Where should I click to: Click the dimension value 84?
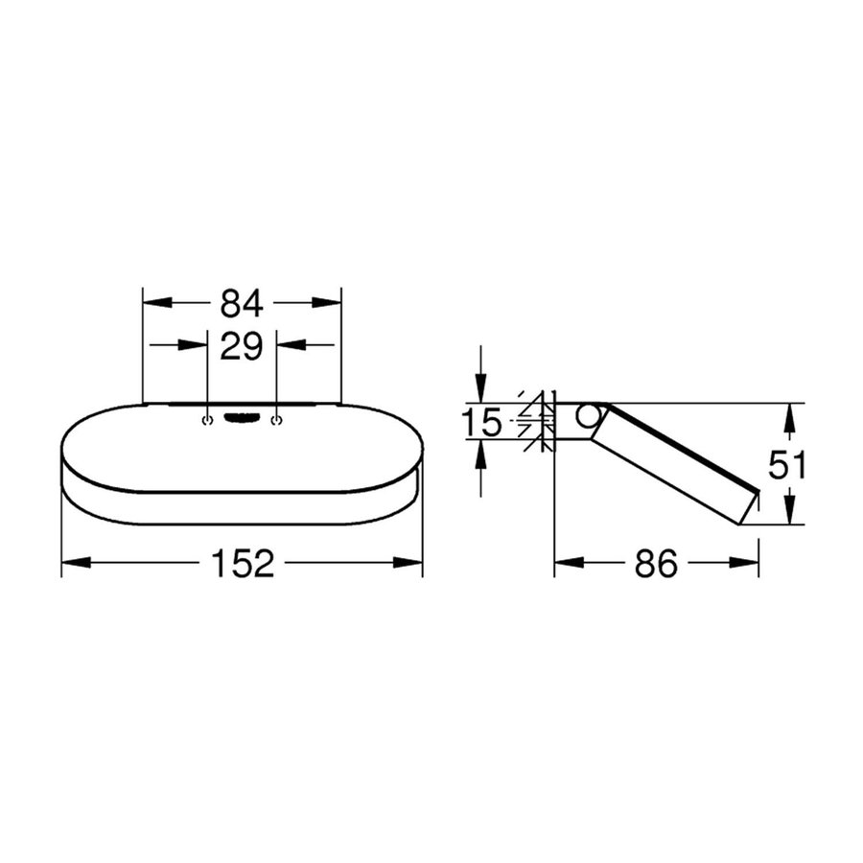[241, 303]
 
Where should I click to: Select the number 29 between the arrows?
[241, 346]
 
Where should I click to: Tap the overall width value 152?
[241, 564]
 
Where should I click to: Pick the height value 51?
[788, 465]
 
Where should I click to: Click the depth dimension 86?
[656, 564]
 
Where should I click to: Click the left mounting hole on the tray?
[208, 420]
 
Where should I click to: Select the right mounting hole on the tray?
[276, 420]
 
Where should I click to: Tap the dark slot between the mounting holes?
[242, 417]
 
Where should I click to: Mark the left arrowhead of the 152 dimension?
[72, 564]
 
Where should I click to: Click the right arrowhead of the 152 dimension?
[411, 564]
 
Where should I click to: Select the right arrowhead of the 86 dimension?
[749, 564]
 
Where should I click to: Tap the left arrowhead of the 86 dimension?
[565, 564]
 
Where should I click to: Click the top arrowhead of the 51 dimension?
[787, 414]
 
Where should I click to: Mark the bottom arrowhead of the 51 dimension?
[787, 515]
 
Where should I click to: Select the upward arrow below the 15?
[480, 450]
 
